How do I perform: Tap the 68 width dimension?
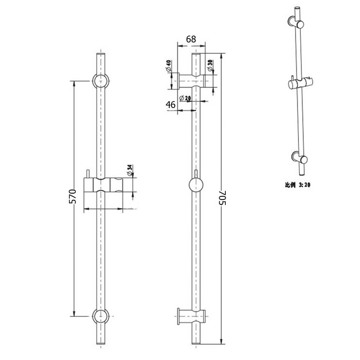pos(191,39)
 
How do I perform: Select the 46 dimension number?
pos(170,105)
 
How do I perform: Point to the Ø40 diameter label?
pos(168,66)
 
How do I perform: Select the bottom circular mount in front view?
pos(101,316)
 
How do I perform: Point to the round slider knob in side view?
pos(196,186)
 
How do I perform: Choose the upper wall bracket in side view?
pos(193,81)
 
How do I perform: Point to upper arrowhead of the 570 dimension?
pos(75,83)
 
